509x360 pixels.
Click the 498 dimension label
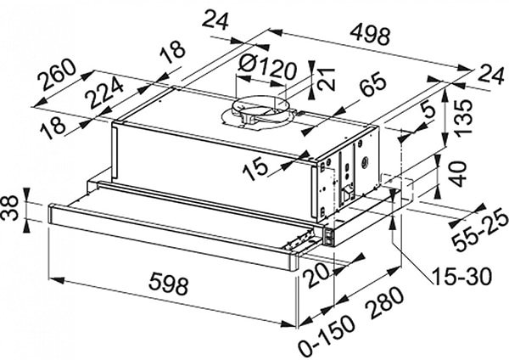click(x=371, y=35)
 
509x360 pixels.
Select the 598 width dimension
click(x=168, y=285)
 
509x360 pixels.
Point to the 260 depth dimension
click(x=57, y=75)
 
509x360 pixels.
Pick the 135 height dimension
click(x=462, y=116)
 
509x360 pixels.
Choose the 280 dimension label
click(x=383, y=303)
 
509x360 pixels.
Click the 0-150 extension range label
click(x=326, y=335)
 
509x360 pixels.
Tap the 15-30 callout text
click(x=461, y=277)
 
